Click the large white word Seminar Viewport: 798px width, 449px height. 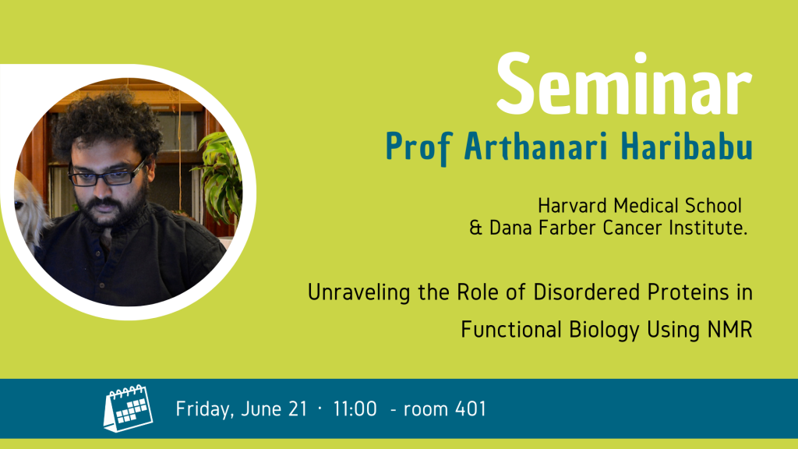click(624, 83)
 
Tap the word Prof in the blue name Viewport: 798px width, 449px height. click(419, 147)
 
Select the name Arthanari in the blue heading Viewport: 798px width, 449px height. click(536, 146)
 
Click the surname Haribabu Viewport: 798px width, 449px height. click(687, 146)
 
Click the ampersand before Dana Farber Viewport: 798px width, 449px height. click(475, 228)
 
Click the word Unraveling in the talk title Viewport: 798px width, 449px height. click(358, 293)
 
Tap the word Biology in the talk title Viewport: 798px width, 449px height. click(604, 331)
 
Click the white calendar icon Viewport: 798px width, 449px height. click(129, 408)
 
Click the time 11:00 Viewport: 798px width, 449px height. click(355, 408)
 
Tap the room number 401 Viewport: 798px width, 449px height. click(471, 408)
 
